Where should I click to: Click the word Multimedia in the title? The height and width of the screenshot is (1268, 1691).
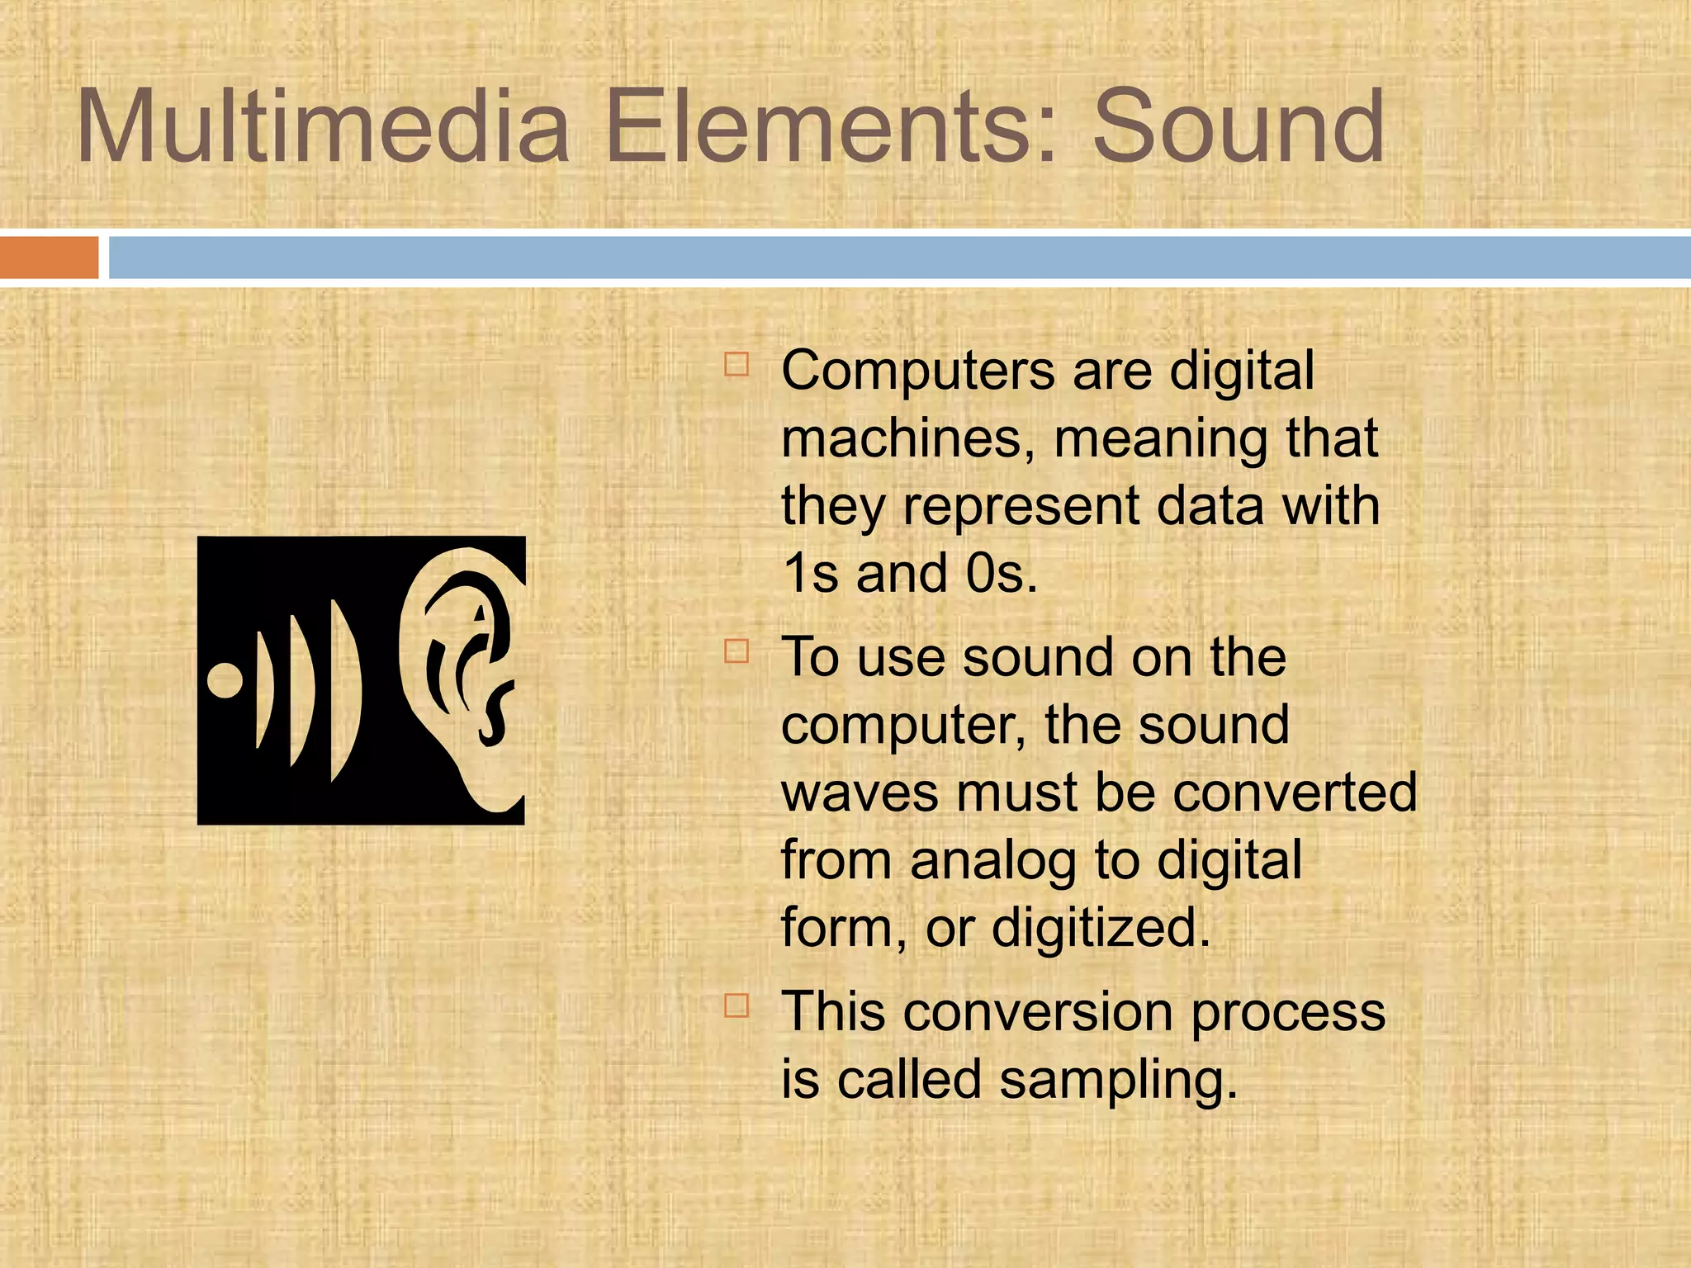coord(323,128)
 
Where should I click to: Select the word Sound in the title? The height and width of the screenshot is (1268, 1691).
coord(1238,128)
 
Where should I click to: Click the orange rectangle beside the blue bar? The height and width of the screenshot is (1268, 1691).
coord(49,258)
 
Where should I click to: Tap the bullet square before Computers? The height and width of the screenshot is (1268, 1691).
coord(737,364)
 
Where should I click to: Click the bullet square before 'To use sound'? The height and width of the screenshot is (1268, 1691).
coord(737,651)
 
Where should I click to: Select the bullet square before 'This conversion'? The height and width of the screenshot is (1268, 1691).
coord(737,1005)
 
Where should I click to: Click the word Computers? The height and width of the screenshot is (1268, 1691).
coord(917,371)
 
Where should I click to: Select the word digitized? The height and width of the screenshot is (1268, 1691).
coord(1101,928)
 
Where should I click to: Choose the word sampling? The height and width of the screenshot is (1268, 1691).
coord(1119,1080)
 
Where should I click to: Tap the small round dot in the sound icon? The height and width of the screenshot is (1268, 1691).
coord(225,680)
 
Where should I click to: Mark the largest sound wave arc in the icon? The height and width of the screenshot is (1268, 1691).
coord(344,689)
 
